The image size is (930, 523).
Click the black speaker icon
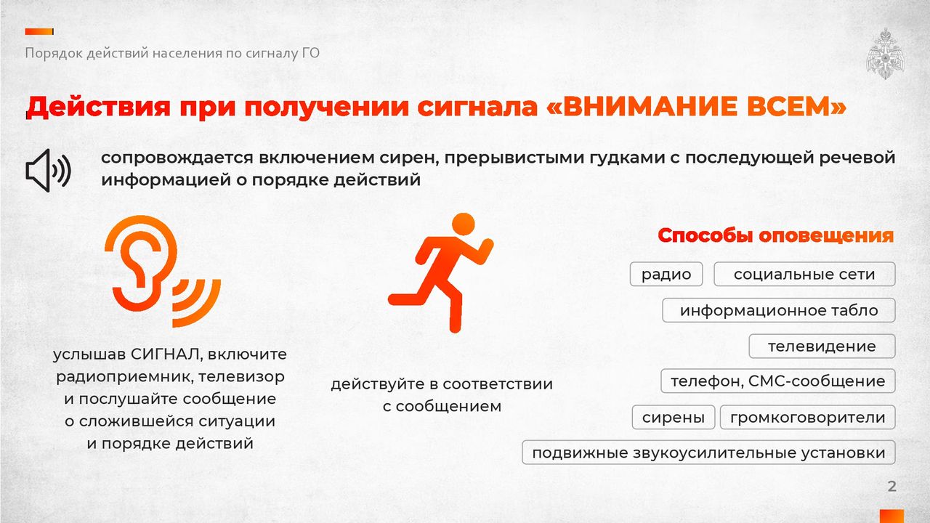coord(48,170)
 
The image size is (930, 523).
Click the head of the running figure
coord(463,224)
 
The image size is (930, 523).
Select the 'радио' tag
coord(666,274)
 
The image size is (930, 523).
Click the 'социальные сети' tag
coord(804,274)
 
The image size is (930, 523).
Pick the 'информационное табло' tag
coord(778,310)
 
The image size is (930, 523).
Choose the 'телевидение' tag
coord(822,346)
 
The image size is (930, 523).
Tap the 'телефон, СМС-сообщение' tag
coord(777,381)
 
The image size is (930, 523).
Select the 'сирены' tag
coord(673,417)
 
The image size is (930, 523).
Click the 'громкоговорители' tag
coord(807,417)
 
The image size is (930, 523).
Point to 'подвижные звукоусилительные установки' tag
coord(708,453)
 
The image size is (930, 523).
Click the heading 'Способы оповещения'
coord(775,235)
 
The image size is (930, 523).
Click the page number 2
coord(891,486)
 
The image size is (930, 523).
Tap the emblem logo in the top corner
coord(885,54)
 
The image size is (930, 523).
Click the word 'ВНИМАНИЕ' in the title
coord(647,107)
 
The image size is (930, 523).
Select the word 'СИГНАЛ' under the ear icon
coord(166,354)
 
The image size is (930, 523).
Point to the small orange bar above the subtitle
coord(39,31)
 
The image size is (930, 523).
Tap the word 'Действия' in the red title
coord(98,107)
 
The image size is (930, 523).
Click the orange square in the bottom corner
coord(891,516)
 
